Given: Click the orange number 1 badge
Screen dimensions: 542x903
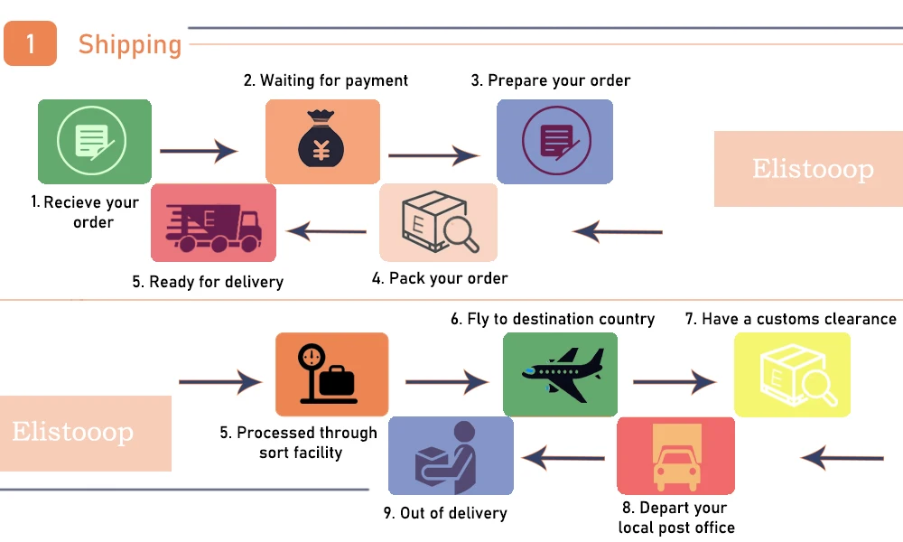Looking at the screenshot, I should coord(30,44).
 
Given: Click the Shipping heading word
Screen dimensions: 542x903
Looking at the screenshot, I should coord(130,44).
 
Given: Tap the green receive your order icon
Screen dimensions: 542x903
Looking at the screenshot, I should coord(94,142).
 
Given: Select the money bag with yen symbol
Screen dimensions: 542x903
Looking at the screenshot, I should coord(322,142).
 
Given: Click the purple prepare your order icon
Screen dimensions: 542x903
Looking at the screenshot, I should coord(554,142).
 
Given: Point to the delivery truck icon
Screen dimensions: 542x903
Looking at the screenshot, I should coord(213,223).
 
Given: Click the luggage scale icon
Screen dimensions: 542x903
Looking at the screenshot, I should coord(331,374).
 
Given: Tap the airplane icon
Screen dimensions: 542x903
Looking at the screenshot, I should coord(560,374).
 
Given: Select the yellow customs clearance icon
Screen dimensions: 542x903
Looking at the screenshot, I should coord(792,374).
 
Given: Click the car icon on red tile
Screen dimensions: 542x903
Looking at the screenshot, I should coord(675,455).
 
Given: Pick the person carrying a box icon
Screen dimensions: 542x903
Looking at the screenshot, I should coord(451,455).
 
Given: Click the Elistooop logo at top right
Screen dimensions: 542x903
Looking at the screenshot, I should coord(813,169).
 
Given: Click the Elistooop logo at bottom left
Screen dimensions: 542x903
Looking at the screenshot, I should coord(74,432).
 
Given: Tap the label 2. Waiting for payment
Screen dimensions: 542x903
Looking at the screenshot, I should coord(326,80).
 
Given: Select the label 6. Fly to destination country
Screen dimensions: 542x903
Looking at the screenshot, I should coord(553,319).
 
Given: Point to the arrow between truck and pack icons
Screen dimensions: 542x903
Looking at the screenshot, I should coord(327,232).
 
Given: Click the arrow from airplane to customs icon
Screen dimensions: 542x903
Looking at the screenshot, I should coord(675,382).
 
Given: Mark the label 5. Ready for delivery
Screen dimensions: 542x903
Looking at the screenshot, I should coord(208,282).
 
